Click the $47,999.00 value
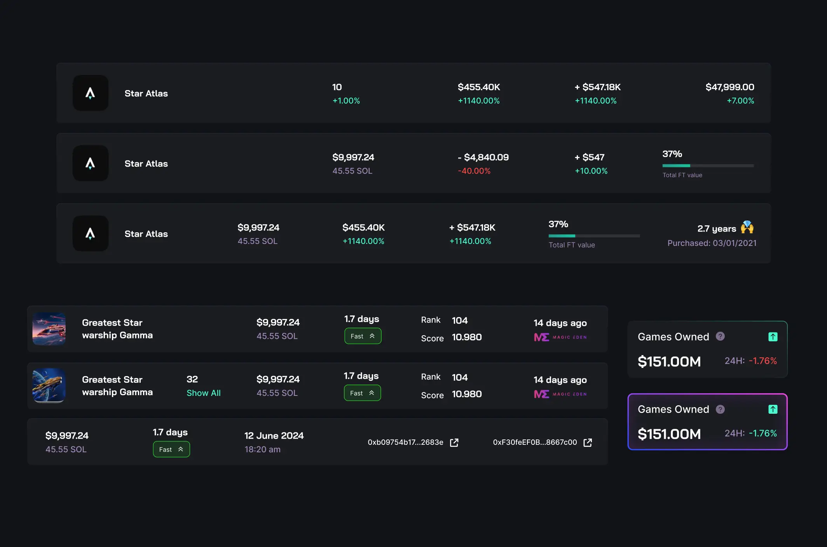[x=730, y=87]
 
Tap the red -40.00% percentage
[x=474, y=171]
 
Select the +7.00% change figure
[x=740, y=101]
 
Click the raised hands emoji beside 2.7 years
[x=747, y=227]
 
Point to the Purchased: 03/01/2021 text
[x=712, y=243]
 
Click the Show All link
[x=204, y=393]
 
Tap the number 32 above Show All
[x=192, y=379]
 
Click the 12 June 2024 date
[x=274, y=436]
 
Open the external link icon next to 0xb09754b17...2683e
[x=454, y=442]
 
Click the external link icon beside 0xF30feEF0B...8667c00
[x=588, y=442]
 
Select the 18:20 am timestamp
[x=262, y=449]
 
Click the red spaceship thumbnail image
[x=49, y=329]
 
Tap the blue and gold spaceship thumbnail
[x=49, y=385]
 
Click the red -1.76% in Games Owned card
[x=763, y=361]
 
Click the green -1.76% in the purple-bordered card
[x=763, y=433]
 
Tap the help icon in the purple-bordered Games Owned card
[x=720, y=409]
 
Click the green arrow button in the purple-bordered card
[x=773, y=409]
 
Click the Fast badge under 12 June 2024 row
[x=171, y=449]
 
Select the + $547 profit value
[x=590, y=157]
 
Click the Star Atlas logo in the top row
[x=90, y=93]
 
